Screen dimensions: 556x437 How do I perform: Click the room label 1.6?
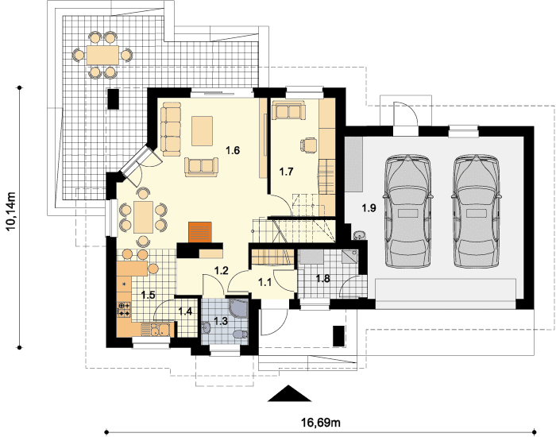pyautogui.click(x=233, y=150)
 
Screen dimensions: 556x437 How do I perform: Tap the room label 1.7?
pyautogui.click(x=286, y=172)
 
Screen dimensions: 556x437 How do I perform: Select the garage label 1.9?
pyautogui.click(x=369, y=207)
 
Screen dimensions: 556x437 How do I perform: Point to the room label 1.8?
pyautogui.click(x=322, y=278)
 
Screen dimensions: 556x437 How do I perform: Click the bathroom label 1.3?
pyautogui.click(x=221, y=321)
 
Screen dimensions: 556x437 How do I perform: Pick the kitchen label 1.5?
pyautogui.click(x=148, y=295)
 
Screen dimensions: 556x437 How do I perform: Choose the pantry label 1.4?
pyautogui.click(x=185, y=311)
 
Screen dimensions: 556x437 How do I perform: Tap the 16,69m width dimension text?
pyautogui.click(x=321, y=423)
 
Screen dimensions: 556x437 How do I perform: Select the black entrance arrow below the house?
pyautogui.click(x=289, y=393)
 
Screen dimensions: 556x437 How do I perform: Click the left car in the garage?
pyautogui.click(x=407, y=211)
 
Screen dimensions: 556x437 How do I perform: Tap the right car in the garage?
pyautogui.click(x=477, y=211)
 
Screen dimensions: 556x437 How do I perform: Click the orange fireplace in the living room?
pyautogui.click(x=200, y=233)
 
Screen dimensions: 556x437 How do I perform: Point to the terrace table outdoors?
pyautogui.click(x=102, y=55)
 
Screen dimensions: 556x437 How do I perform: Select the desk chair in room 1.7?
pyautogui.click(x=308, y=145)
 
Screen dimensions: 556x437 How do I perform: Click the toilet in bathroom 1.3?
pyautogui.click(x=241, y=335)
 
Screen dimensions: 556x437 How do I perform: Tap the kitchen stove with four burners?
pyautogui.click(x=124, y=309)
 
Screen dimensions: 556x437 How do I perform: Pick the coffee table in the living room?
pyautogui.click(x=202, y=131)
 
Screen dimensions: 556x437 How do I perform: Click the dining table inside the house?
pyautogui.click(x=143, y=217)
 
